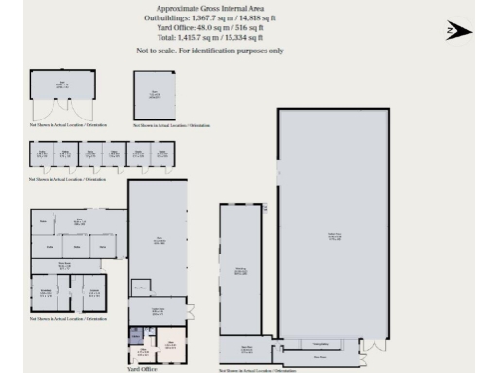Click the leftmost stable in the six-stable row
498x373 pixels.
[x=42, y=154]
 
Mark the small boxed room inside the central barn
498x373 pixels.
[x=141, y=287]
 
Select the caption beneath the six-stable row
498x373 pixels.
[x=68, y=180]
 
